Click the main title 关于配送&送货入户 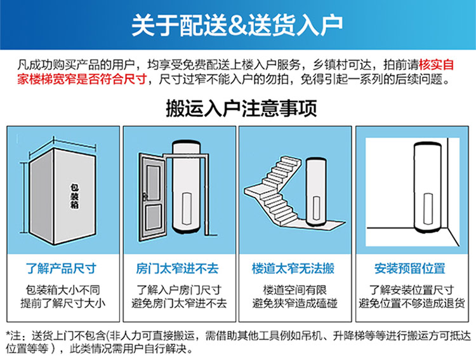click(x=237, y=25)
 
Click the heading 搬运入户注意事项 click(x=241, y=108)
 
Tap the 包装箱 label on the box click(x=74, y=196)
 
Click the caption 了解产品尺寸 click(x=62, y=269)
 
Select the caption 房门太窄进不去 click(x=177, y=269)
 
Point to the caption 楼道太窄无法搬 click(x=293, y=269)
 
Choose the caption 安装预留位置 click(x=410, y=269)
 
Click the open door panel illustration click(x=152, y=197)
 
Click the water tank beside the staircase click(x=316, y=192)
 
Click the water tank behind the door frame click(x=187, y=187)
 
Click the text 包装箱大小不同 click(x=63, y=290)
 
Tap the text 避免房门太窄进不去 click(x=179, y=303)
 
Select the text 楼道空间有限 click(x=294, y=290)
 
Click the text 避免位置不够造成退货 click(x=412, y=303)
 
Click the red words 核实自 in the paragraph click(x=436, y=65)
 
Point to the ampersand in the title click(x=237, y=26)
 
